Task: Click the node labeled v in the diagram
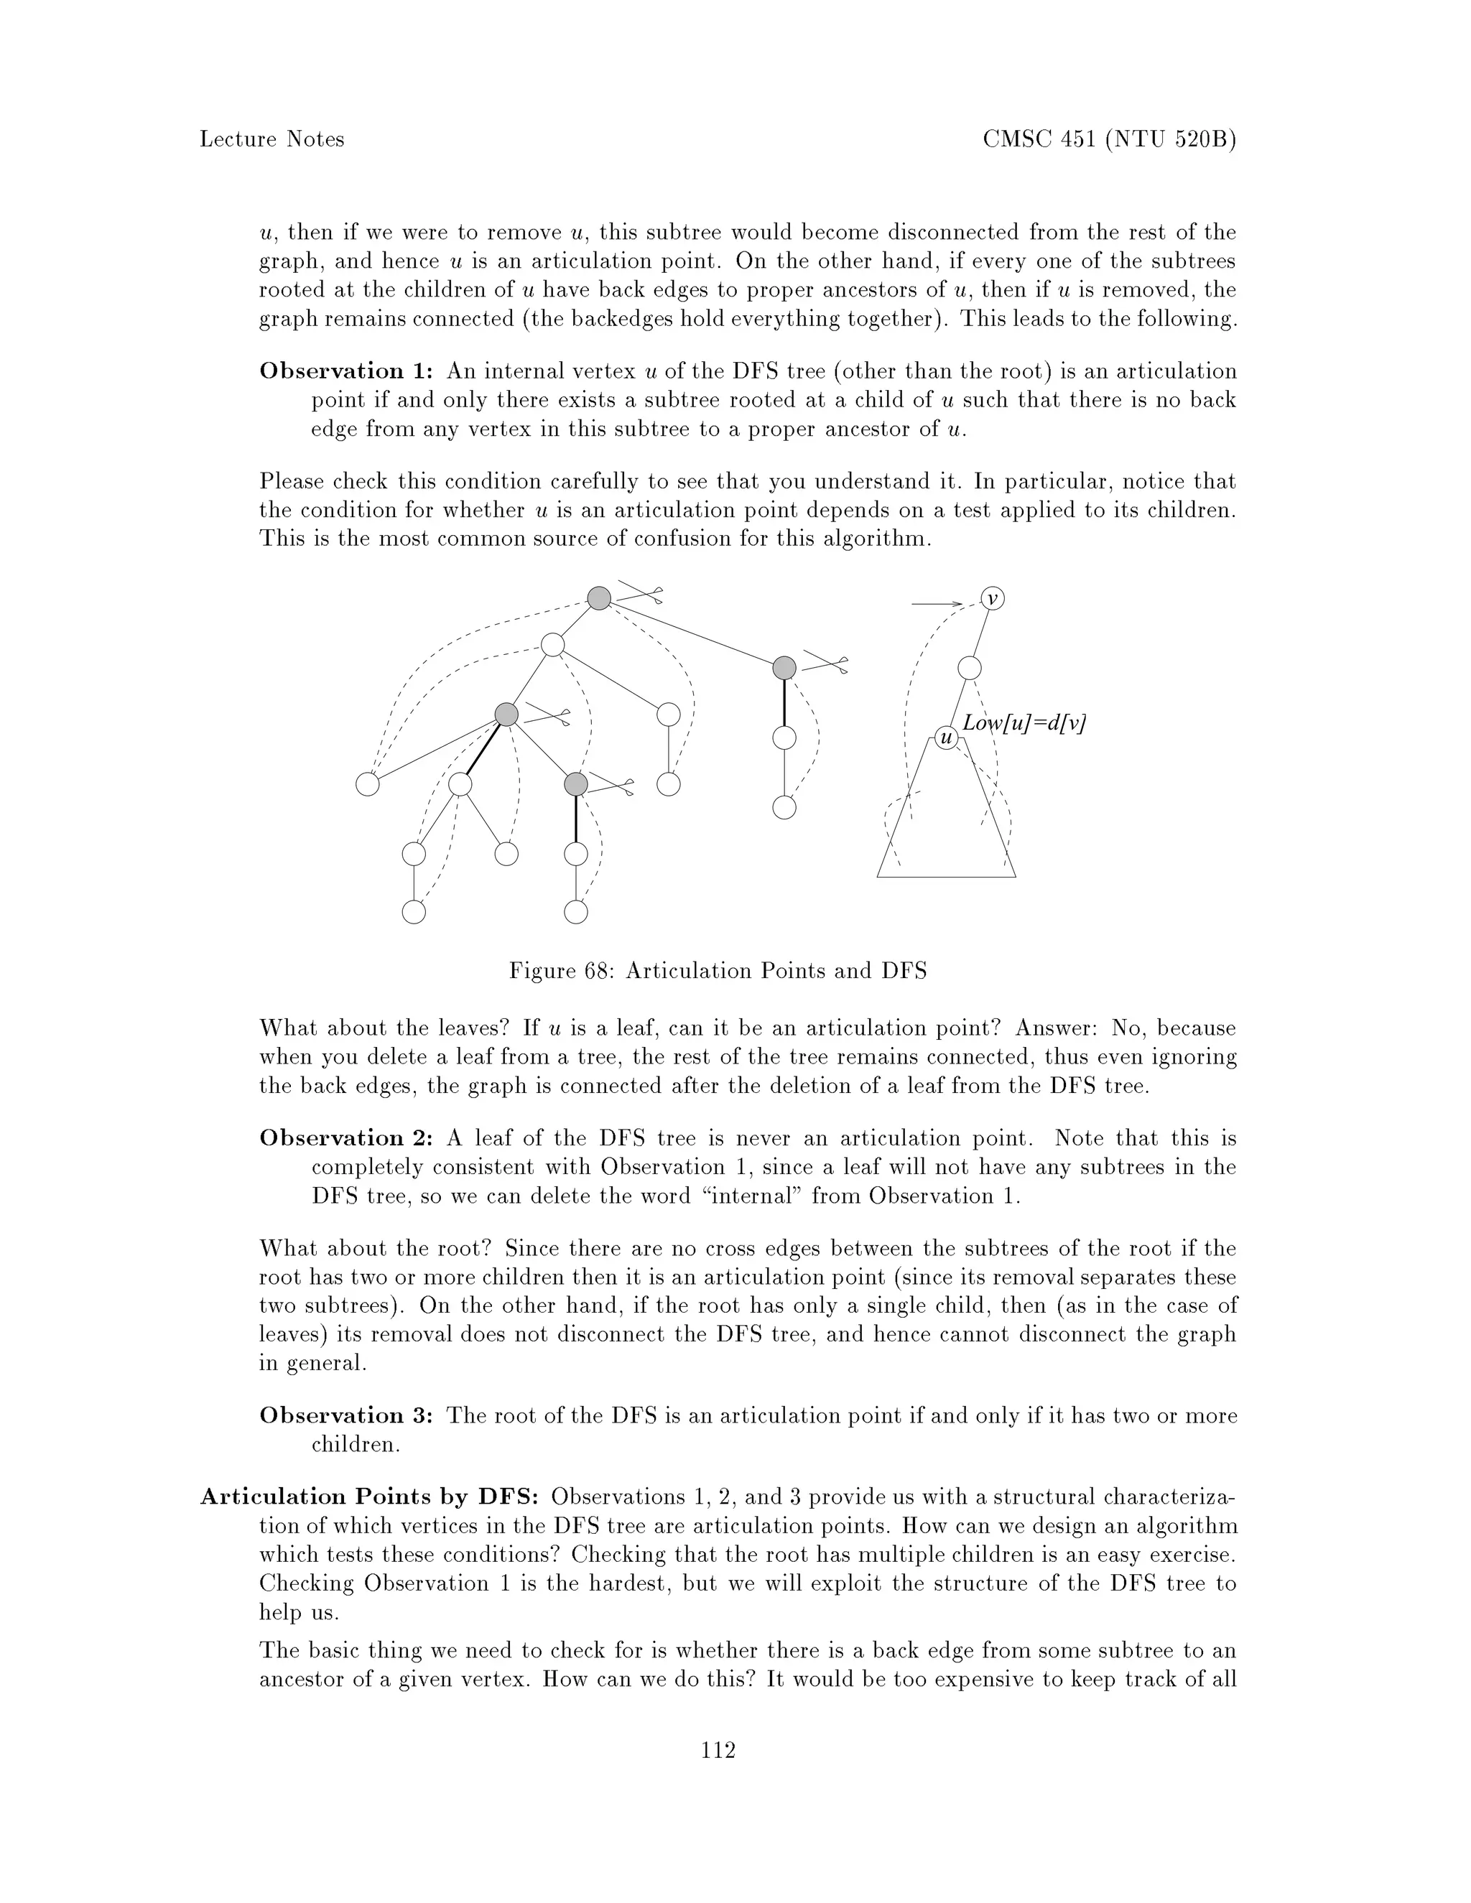point(993,599)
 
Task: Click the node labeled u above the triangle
point(947,739)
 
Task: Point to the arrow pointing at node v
point(936,603)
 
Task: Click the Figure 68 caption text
point(718,971)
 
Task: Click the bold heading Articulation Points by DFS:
point(369,1497)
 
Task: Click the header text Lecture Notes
point(272,139)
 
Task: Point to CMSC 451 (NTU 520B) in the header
point(1109,139)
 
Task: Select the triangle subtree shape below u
point(947,837)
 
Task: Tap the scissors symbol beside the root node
point(641,592)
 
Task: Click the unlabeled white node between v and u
point(969,669)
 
